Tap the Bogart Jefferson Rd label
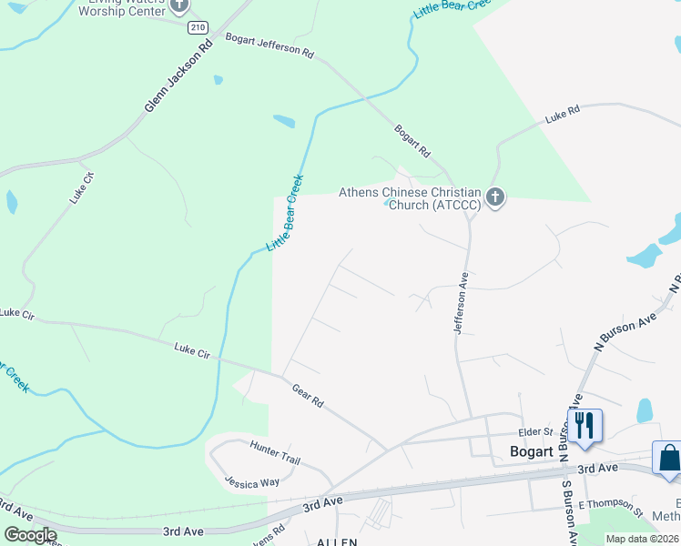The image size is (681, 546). [269, 46]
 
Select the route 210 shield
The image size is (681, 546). [197, 28]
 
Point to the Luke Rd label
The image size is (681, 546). [562, 116]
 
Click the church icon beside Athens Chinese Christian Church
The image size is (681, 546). [495, 197]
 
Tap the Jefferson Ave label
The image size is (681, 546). [462, 302]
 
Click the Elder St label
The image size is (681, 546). [535, 432]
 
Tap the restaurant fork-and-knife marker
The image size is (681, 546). [583, 425]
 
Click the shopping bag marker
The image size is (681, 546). [667, 458]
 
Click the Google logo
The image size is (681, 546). [30, 535]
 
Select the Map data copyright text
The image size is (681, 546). [642, 539]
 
